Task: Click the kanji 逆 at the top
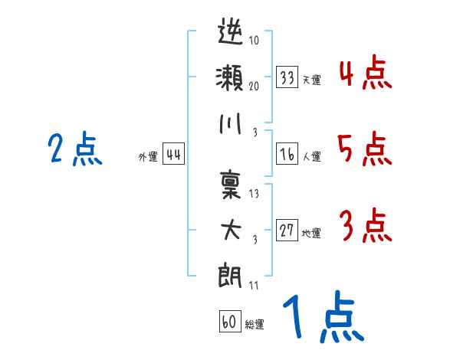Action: click(231, 31)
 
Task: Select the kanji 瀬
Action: click(229, 77)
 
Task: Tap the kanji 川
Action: click(230, 123)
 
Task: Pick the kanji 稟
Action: click(231, 185)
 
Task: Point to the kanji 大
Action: click(231, 230)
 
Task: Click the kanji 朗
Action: click(230, 275)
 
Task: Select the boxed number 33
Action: click(287, 77)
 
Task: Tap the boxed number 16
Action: click(287, 154)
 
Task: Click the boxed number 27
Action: click(287, 230)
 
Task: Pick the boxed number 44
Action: click(173, 154)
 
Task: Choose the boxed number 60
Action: click(230, 321)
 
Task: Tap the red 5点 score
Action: click(365, 149)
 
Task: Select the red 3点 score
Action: click(366, 226)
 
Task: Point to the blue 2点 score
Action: click(75, 149)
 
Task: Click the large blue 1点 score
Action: click(324, 316)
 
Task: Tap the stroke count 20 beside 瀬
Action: click(254, 86)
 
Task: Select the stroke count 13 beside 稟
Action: click(254, 194)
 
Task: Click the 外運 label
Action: click(148, 157)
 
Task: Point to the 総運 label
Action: click(255, 324)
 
